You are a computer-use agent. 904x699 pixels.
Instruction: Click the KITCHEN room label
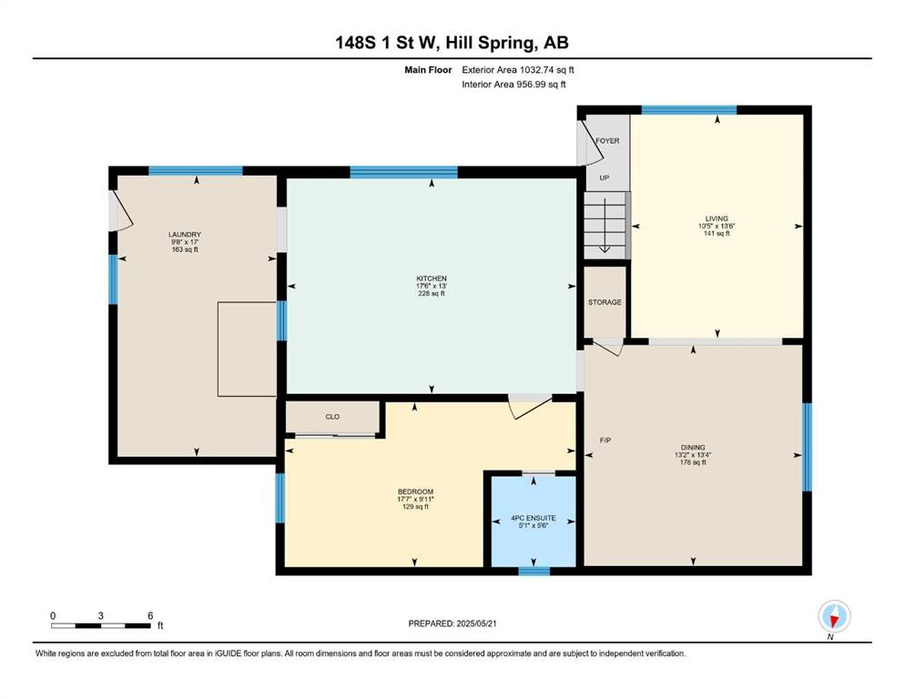coord(432,279)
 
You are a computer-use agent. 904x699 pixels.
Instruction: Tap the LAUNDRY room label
coord(185,235)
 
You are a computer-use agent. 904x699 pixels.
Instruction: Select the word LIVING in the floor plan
coord(716,218)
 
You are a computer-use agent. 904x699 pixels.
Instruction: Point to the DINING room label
coord(693,447)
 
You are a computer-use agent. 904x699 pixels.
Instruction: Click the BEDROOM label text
coord(415,491)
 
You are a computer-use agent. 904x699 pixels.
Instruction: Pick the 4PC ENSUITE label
coord(533,518)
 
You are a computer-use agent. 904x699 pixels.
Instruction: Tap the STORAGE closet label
coord(604,302)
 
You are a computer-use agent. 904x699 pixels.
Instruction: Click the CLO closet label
coord(332,417)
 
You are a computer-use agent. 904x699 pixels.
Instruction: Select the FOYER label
coord(607,140)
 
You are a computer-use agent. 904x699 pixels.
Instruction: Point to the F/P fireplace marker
coord(605,441)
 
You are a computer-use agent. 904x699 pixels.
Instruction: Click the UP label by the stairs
coord(604,177)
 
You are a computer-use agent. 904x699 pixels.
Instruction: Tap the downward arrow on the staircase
coord(604,226)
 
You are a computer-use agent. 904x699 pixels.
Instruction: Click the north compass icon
coord(834,616)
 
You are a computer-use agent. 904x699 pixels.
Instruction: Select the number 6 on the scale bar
coord(150,615)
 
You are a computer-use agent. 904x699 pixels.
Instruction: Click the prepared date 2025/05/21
coord(476,623)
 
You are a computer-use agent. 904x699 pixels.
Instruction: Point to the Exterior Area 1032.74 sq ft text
coord(518,70)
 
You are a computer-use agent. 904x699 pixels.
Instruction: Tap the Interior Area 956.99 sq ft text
coord(513,84)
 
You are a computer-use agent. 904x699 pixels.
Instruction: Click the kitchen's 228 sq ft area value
coord(432,293)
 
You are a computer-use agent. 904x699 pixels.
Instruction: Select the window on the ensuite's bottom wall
coord(533,571)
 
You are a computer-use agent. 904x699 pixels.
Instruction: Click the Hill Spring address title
coord(452,43)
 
